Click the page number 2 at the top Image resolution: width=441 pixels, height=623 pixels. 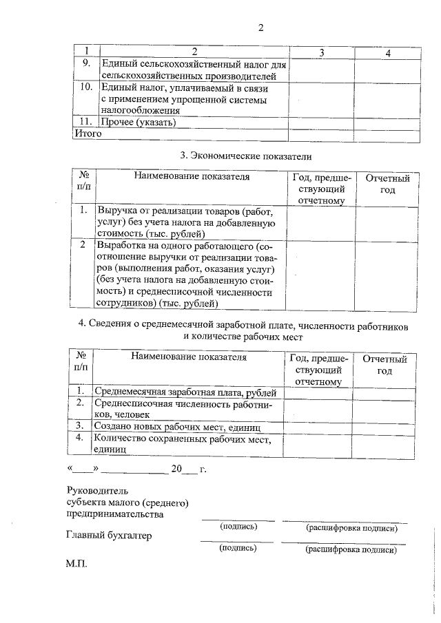coord(260,28)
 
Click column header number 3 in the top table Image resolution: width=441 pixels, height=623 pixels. coord(322,53)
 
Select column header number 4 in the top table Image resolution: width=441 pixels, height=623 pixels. coord(389,53)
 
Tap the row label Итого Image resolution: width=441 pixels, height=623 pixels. coord(88,134)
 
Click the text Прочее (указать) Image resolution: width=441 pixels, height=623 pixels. coord(138,123)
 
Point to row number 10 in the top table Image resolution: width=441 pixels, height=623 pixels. coord(86,88)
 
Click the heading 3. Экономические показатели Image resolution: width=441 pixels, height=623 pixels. coord(245,156)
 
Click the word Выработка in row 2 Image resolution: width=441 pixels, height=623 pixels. coord(121,246)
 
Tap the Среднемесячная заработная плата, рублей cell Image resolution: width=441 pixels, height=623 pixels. coord(185,392)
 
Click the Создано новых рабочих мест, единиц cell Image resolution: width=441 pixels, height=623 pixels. coord(176,426)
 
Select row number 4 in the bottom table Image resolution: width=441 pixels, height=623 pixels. coord(80,438)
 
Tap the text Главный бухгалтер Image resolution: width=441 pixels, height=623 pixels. coord(109,534)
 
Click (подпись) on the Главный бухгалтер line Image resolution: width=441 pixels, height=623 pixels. coord(238,549)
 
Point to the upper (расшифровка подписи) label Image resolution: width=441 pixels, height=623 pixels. coord(351,528)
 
